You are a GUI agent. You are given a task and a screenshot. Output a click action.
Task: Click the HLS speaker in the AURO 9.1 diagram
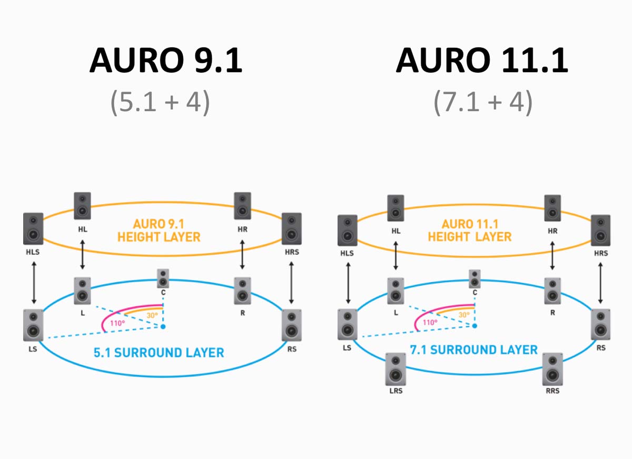[x=33, y=228]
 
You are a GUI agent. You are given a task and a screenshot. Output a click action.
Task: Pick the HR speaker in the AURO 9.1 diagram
[x=242, y=206]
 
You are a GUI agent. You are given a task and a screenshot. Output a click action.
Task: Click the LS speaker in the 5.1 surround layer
[x=33, y=325]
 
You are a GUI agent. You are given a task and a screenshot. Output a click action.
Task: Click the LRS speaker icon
[x=396, y=369]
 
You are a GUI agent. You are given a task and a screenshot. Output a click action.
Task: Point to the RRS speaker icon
[x=552, y=369]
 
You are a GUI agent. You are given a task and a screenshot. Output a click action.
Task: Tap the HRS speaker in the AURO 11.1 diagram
[x=600, y=230]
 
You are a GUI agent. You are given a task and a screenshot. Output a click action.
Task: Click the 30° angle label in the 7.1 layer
[x=463, y=315]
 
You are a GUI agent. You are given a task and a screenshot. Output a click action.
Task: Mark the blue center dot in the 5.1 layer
[x=163, y=327]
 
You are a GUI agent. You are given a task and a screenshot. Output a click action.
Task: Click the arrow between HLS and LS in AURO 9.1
[x=34, y=283]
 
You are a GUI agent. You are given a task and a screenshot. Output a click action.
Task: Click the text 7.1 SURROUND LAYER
[x=473, y=350]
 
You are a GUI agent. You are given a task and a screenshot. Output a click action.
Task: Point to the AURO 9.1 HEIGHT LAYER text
[x=159, y=231]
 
